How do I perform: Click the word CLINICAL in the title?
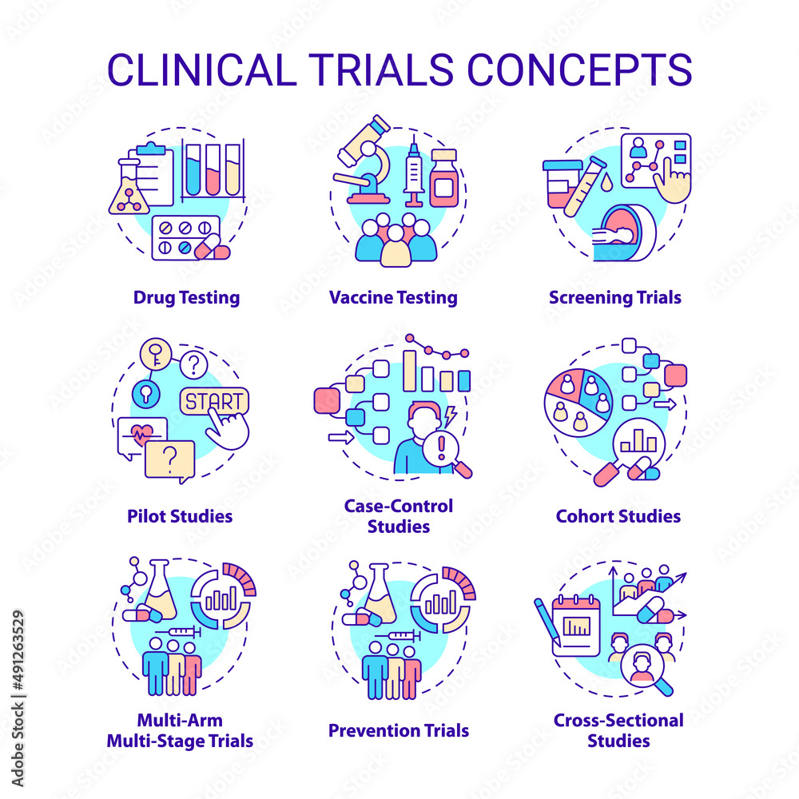[x=205, y=70]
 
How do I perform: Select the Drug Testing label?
[x=186, y=298]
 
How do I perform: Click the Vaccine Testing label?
[x=393, y=298]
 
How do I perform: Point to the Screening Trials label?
[x=614, y=298]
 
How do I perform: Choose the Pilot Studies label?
[x=180, y=516]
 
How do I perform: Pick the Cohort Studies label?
[x=618, y=516]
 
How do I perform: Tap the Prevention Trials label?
[x=398, y=730]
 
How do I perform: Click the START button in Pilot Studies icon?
[x=213, y=401]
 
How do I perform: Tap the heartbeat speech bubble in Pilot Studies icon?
[x=141, y=436]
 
